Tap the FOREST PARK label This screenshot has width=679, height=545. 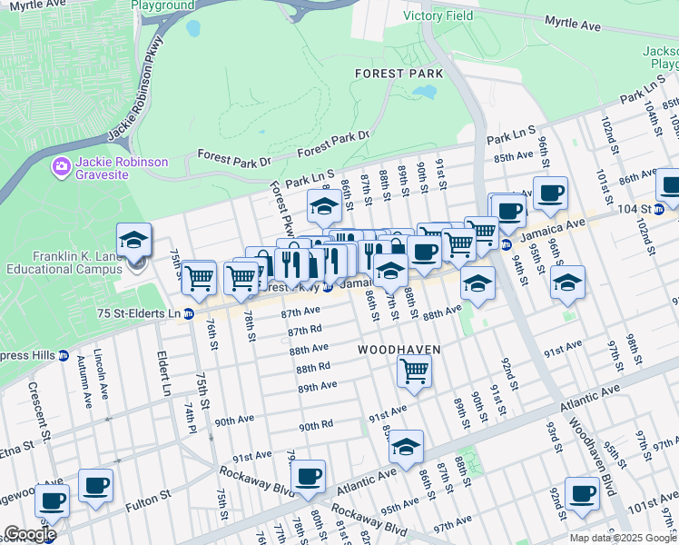point(399,73)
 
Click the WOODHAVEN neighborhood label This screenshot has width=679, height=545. point(399,350)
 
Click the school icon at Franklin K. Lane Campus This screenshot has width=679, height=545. point(133,241)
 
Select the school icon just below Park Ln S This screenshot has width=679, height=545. point(324,207)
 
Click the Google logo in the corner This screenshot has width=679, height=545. point(30,534)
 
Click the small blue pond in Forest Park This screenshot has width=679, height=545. point(423,92)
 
